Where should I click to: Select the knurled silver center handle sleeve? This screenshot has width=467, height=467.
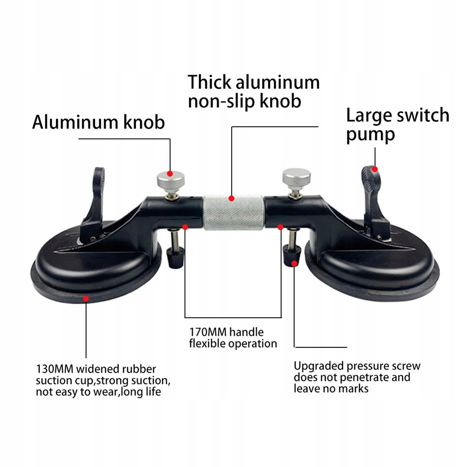pyautogui.click(x=234, y=212)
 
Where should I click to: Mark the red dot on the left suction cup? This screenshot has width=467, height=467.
pyautogui.click(x=86, y=298)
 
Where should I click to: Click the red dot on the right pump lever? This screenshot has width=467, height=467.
pyautogui.click(x=375, y=169)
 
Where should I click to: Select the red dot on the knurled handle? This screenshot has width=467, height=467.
pyautogui.click(x=231, y=198)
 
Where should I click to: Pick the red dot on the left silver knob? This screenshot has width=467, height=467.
pyautogui.click(x=170, y=174)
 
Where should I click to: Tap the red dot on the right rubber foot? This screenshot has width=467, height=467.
pyautogui.click(x=294, y=264)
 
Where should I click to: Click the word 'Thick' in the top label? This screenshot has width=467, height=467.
pyautogui.click(x=210, y=82)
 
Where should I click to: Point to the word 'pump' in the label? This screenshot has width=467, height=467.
pyautogui.click(x=370, y=135)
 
